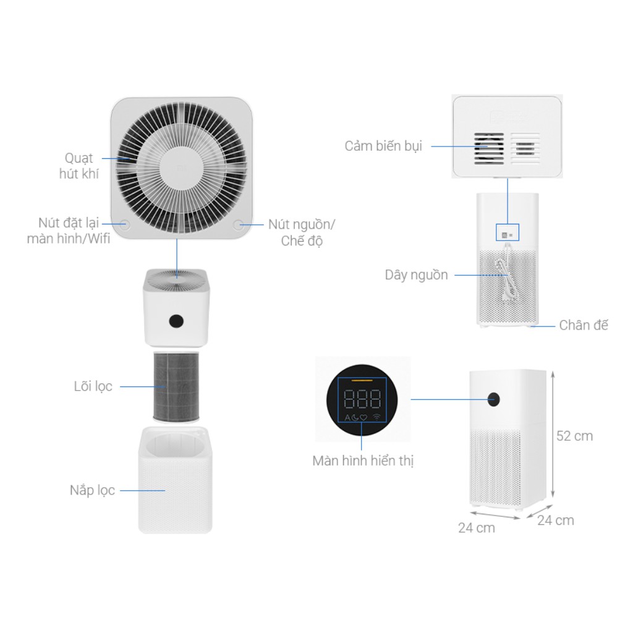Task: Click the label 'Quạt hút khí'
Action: tap(79, 166)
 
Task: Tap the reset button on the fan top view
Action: tap(124, 224)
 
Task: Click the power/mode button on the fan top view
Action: tap(239, 224)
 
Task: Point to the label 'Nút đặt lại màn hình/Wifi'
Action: tap(69, 230)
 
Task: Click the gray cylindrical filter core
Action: tap(177, 386)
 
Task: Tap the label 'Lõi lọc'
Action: tap(93, 386)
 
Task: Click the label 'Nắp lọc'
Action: tap(92, 490)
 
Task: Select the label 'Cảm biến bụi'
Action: tap(383, 147)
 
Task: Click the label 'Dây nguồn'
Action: tap(416, 275)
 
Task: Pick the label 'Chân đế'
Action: tap(583, 325)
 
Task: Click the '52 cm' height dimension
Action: tap(574, 436)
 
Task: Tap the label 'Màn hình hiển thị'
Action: tap(363, 461)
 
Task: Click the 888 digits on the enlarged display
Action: tap(362, 400)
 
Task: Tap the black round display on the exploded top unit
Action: tap(176, 321)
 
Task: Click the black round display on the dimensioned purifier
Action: tap(493, 399)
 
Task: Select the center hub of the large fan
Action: tap(181, 167)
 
